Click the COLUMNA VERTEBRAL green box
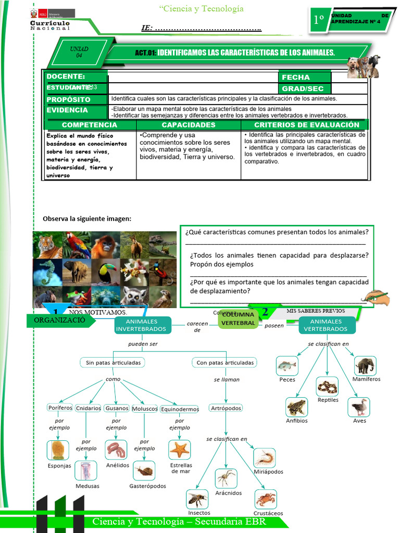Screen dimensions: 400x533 [239, 319]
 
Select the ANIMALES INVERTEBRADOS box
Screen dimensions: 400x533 [141, 325]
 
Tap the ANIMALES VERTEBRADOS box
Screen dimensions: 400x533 [327, 325]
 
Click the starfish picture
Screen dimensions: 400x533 [179, 449]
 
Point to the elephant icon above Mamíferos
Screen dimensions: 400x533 [365, 365]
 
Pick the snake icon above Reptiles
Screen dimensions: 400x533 [327, 387]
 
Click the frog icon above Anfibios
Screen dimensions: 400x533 [296, 407]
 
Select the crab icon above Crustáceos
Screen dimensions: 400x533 [266, 499]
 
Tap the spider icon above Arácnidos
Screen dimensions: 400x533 [226, 478]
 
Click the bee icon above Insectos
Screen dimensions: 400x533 [197, 499]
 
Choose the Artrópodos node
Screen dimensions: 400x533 [226, 408]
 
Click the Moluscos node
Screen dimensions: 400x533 [145, 409]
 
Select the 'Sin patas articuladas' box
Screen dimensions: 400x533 [113, 362]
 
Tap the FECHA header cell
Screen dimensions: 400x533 [305, 77]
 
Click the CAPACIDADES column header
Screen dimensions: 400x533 [189, 125]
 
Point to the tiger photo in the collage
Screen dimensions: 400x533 [47, 245]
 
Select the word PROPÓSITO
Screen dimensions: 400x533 [69, 99]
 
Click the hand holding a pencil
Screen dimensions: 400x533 [377, 297]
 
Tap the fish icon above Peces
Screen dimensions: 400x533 [286, 365]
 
